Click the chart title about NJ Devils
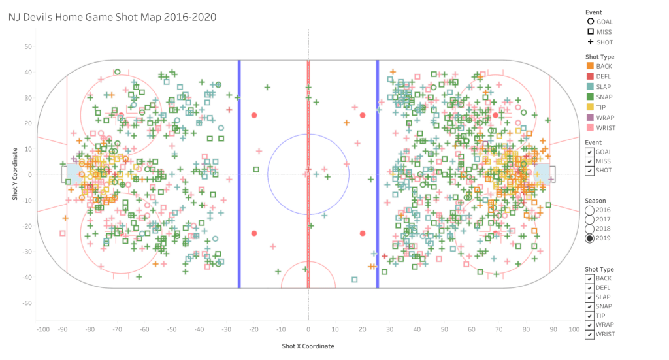pos(112,16)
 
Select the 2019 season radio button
pos(590,238)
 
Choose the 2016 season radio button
pos(590,210)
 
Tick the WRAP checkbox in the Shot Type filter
pos(590,325)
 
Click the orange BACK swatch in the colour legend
pos(590,66)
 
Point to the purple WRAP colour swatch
pos(590,118)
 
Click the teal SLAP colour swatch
pos(590,86)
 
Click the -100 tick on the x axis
pos(43,329)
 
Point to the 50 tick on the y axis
pos(28,46)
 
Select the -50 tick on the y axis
pos(27,303)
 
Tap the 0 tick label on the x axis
pos(308,329)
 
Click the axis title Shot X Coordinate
pos(308,346)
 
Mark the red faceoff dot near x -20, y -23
pos(254,233)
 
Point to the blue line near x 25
pos(377,174)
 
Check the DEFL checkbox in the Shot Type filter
pos(590,287)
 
